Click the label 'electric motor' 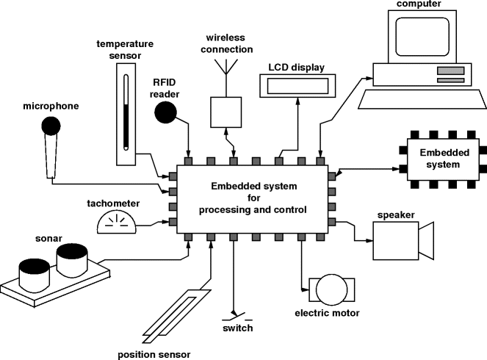(x=327, y=314)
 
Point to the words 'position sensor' (x=155, y=354)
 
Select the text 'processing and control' (x=251, y=209)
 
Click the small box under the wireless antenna (x=226, y=111)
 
